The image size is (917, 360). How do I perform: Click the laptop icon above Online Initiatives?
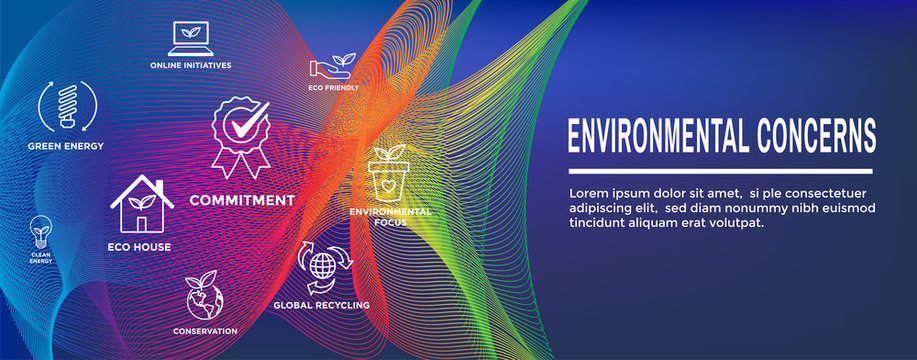[x=190, y=38]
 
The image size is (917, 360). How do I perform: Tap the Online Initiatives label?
[x=191, y=65]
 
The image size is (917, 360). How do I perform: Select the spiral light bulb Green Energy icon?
[x=67, y=107]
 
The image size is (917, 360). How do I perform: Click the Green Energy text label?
[x=66, y=146]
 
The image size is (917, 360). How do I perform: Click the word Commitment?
[x=242, y=200]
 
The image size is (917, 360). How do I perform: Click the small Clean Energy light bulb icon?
[x=41, y=232]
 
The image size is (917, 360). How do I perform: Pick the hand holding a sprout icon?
[x=333, y=67]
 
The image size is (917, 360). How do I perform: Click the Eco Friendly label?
[x=333, y=88]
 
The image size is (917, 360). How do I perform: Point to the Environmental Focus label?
[x=390, y=217]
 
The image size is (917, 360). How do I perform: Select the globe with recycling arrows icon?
[x=323, y=266]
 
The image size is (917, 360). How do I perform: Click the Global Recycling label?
[x=322, y=305]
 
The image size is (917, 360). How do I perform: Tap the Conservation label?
[x=204, y=330]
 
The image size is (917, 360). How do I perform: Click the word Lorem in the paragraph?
[x=589, y=192]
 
